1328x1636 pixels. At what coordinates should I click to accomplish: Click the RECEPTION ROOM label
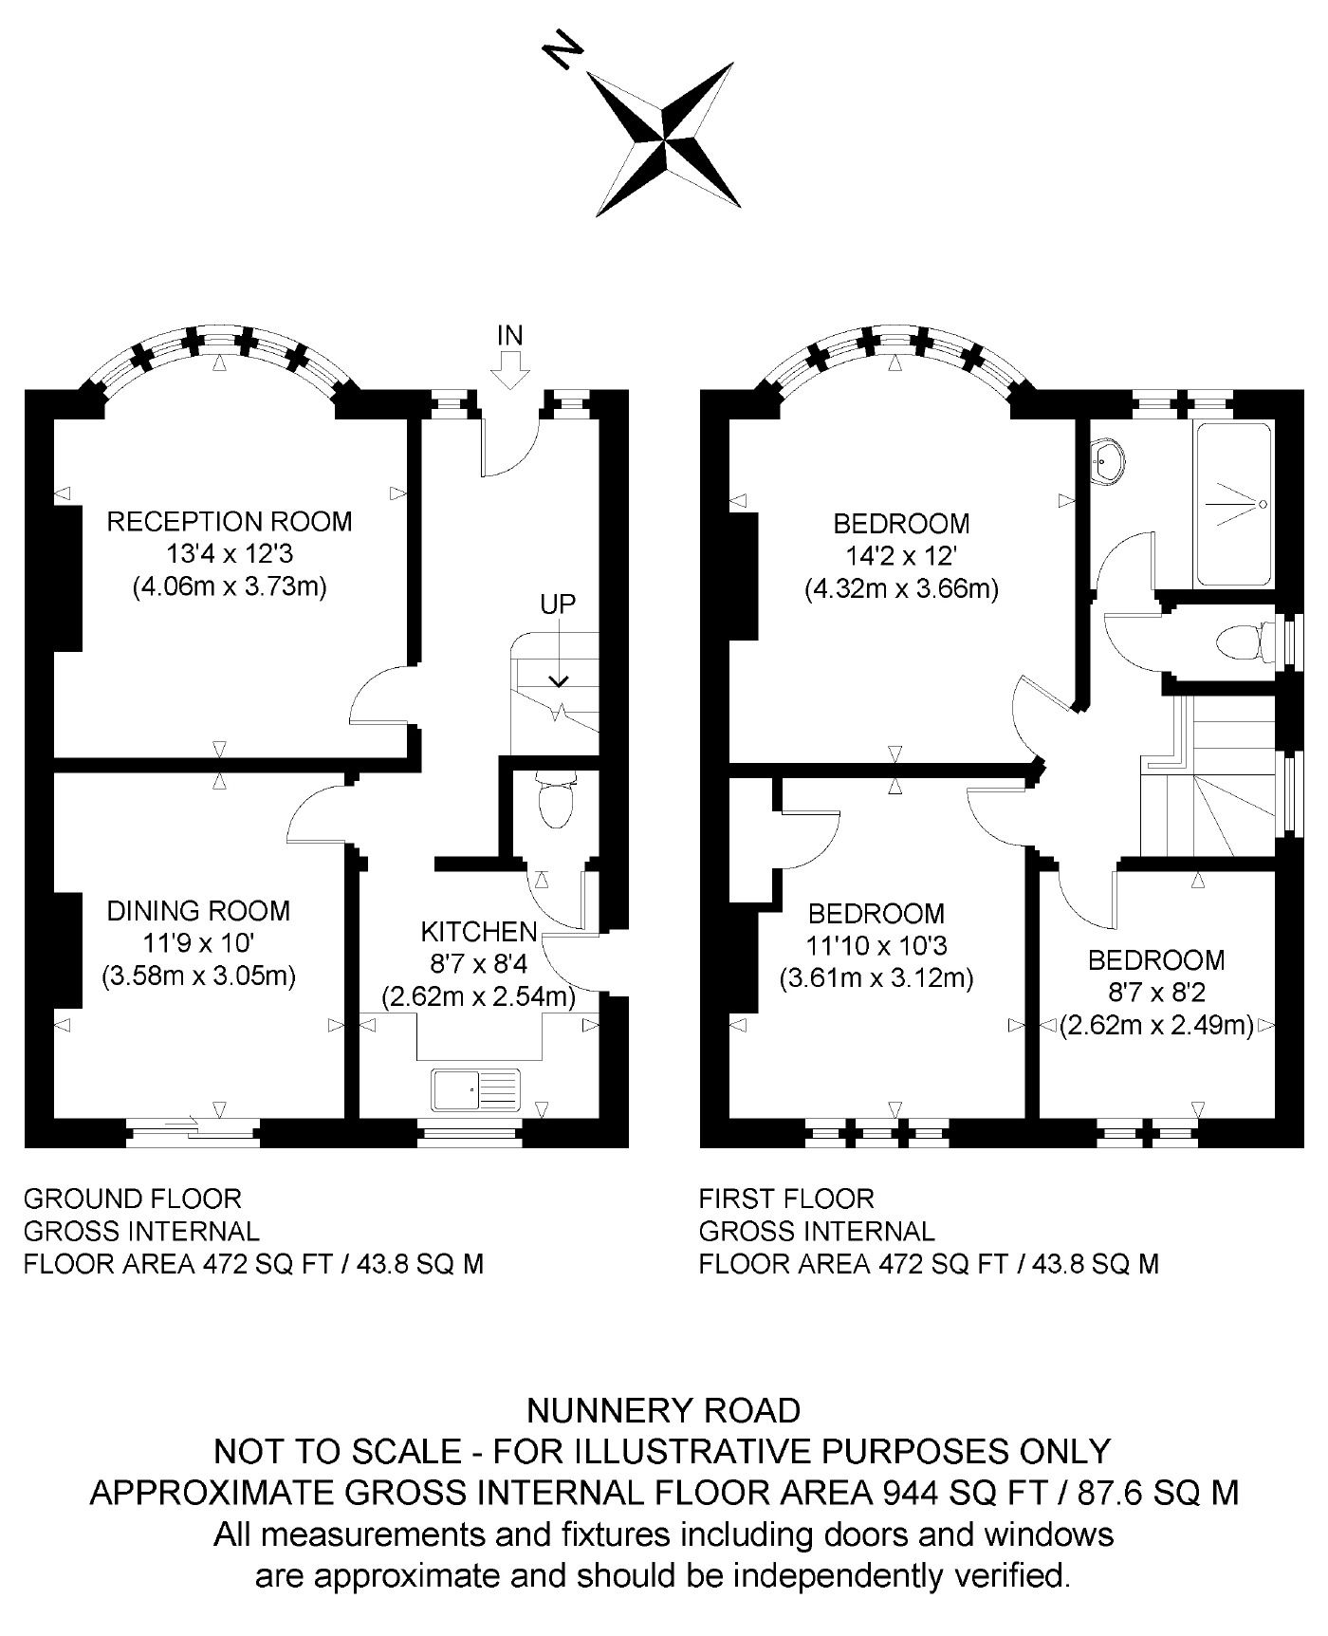pos(229,522)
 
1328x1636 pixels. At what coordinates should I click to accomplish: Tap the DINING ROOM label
pos(198,911)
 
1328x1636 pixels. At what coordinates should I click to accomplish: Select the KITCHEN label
pos(478,932)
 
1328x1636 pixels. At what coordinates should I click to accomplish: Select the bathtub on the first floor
pos(1233,504)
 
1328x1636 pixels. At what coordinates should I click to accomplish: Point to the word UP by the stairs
pos(558,604)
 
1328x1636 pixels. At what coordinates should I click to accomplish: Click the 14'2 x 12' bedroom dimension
pos(901,556)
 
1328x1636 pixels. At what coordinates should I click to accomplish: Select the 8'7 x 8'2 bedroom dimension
pos(1156,993)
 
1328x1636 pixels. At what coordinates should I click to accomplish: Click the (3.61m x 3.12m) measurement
pos(876,977)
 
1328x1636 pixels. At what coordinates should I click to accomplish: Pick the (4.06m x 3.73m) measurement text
pos(229,586)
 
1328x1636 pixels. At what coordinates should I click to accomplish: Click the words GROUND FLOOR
pos(132,1199)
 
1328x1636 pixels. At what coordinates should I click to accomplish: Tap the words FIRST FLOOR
pos(786,1199)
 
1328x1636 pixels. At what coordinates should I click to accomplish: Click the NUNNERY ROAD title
pos(663,1411)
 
